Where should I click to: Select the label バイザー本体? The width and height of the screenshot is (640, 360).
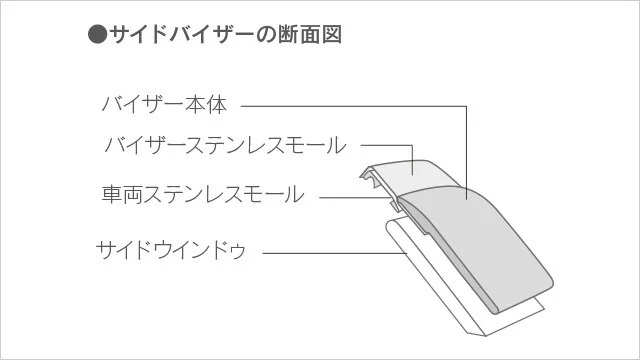click(x=164, y=104)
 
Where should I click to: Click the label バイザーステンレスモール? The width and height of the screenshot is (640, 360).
click(x=224, y=146)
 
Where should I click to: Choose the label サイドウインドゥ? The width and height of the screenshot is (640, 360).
click(x=171, y=248)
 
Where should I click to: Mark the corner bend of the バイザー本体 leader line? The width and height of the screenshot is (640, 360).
click(x=467, y=105)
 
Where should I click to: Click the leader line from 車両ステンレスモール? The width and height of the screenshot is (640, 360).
click(x=350, y=196)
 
